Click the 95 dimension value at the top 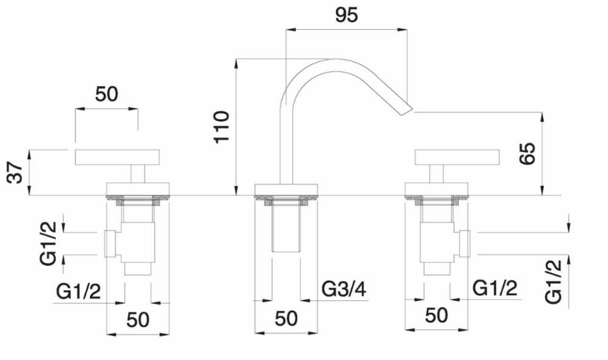coord(347,15)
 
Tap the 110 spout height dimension coord(221,127)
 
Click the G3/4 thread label coord(344,289)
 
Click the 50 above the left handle coord(106,94)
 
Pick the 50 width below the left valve coord(137,320)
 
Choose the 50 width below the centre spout coord(286,319)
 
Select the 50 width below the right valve coord(436,316)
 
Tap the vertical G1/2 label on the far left coord(48,243)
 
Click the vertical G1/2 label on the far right coord(553,282)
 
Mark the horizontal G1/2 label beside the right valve coord(495,288)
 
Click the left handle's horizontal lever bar coord(117,157)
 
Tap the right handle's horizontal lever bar coord(457,157)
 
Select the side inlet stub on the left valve coord(110,244)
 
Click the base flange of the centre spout coord(286,189)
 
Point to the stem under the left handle coord(137,173)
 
